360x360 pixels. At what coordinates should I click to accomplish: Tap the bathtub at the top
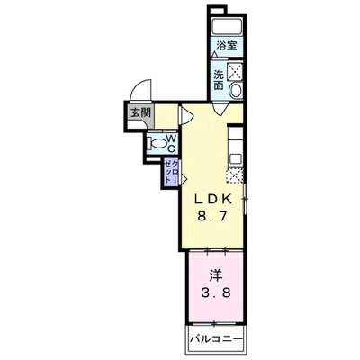[226, 24]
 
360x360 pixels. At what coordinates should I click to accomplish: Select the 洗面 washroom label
[219, 79]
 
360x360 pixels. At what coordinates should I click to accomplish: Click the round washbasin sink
[236, 91]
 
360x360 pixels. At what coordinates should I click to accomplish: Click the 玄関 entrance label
[140, 114]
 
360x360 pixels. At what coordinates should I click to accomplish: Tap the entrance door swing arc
[138, 93]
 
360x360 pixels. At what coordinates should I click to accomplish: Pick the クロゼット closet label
[169, 170]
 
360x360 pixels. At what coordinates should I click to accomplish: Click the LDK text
[213, 200]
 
